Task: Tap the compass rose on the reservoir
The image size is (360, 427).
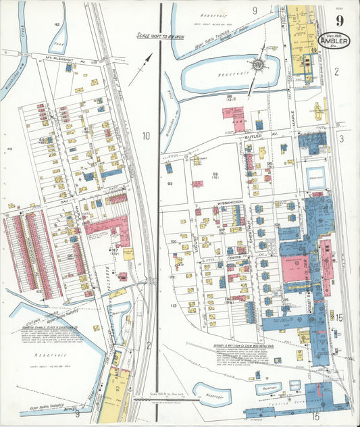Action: [257, 66]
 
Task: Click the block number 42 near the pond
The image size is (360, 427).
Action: [57, 24]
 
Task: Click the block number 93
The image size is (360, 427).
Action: [215, 175]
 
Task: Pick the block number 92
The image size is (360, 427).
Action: [170, 183]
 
